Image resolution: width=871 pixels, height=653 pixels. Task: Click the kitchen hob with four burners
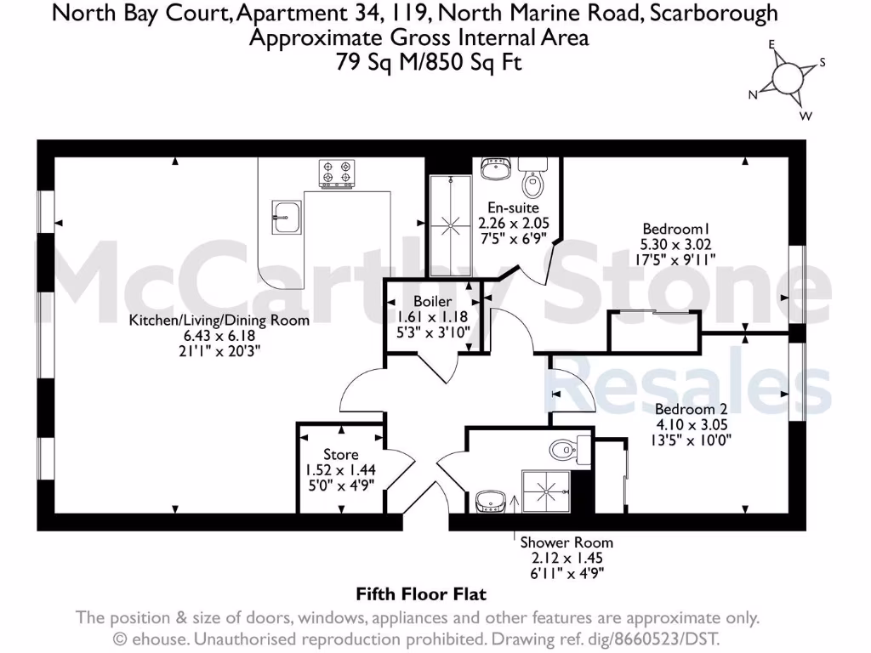click(x=337, y=173)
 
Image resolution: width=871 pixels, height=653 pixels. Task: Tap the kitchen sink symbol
click(x=286, y=216)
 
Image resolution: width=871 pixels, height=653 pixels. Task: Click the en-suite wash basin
click(x=493, y=169)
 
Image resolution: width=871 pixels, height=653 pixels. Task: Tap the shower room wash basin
click(x=491, y=500)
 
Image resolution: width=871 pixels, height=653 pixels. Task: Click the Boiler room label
click(x=432, y=301)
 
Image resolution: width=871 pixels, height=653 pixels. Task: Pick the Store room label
click(x=340, y=454)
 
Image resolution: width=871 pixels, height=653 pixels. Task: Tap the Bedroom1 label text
click(x=676, y=228)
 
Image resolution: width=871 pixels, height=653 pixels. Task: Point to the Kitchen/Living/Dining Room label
click(x=219, y=321)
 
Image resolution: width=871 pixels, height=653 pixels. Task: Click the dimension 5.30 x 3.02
click(x=678, y=243)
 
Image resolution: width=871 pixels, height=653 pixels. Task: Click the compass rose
click(x=788, y=79)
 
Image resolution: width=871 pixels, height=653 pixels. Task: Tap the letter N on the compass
click(x=753, y=96)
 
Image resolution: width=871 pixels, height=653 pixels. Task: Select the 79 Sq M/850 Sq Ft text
click(x=417, y=63)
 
